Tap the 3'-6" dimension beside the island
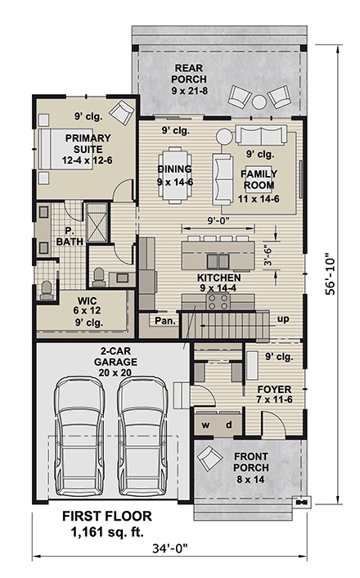point(267,255)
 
